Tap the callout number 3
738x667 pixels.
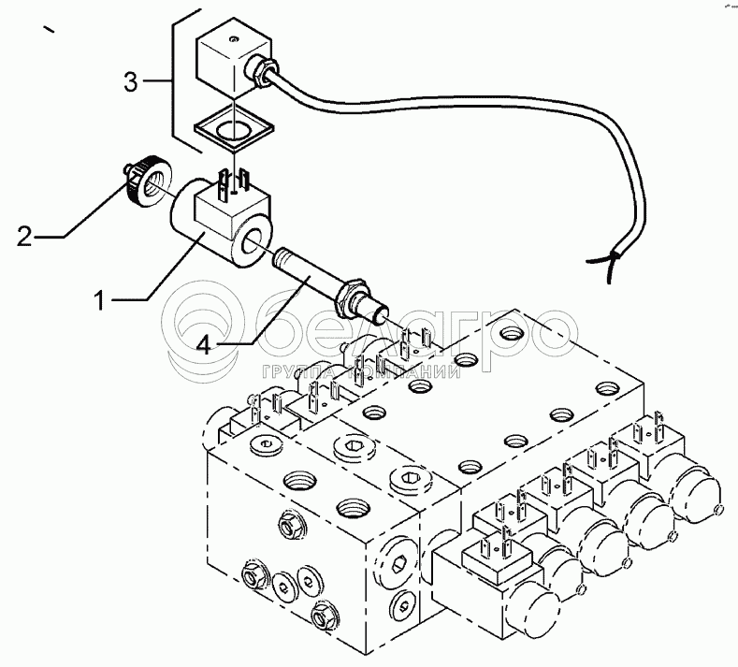[x=132, y=82]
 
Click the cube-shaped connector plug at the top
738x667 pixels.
[x=225, y=60]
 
